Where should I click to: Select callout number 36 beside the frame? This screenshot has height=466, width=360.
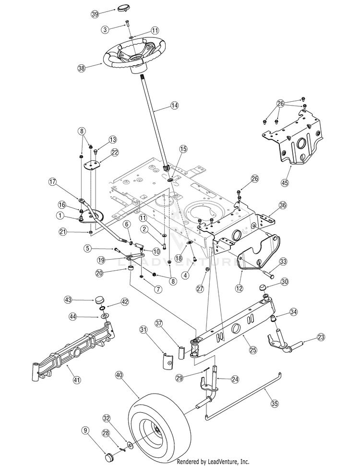pyautogui.click(x=283, y=204)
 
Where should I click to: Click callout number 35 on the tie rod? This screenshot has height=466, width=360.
pyautogui.click(x=275, y=404)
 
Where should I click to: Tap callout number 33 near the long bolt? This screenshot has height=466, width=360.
pyautogui.click(x=284, y=262)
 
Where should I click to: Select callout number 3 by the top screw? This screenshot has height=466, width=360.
pyautogui.click(x=105, y=30)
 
